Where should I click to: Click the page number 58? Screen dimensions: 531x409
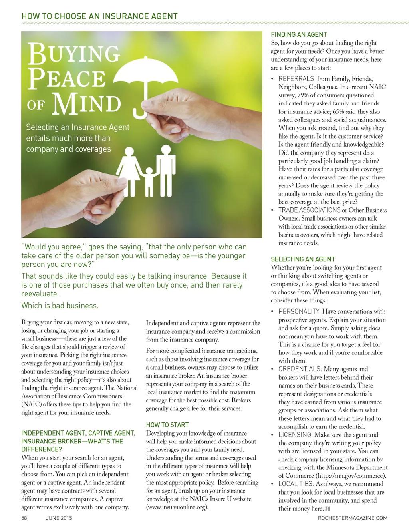(24, 518)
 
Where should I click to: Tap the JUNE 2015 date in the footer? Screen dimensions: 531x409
(59, 518)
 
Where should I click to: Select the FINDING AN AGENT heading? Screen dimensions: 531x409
(299, 35)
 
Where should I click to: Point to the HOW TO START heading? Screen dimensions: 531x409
(167, 425)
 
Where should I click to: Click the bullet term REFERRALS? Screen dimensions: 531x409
(296, 79)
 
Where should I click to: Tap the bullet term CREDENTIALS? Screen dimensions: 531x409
(300, 369)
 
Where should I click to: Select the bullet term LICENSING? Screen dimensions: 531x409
(295, 435)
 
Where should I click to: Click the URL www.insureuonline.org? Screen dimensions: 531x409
(178, 507)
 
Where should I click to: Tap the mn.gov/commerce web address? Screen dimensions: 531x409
(351, 476)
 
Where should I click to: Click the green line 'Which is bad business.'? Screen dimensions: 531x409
(60, 306)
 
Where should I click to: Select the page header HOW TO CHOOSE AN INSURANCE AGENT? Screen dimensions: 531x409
(99, 16)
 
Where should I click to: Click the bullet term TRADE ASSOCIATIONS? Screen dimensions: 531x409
(309, 210)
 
